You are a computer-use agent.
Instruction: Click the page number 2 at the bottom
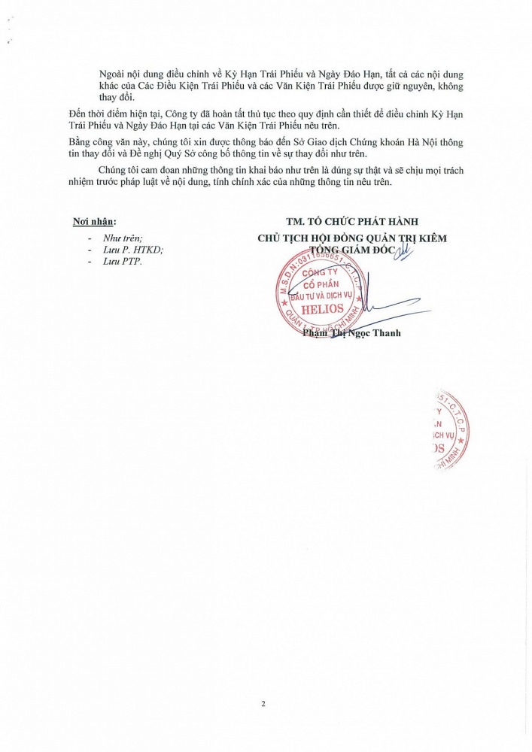tap(263, 704)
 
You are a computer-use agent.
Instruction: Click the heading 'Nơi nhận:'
tap(95, 221)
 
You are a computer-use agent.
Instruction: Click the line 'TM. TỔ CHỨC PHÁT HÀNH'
tap(352, 221)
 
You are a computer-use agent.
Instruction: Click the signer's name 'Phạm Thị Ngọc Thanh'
tap(351, 332)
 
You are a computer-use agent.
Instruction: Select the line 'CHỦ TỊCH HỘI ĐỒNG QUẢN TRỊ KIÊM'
tap(352, 238)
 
